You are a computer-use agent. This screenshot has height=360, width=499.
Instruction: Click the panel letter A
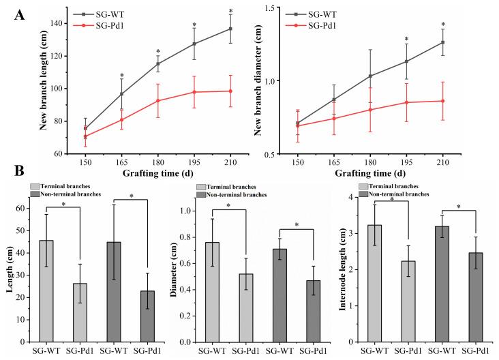pos(20,16)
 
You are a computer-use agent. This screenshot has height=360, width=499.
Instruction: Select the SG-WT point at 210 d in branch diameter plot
pos(443,42)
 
